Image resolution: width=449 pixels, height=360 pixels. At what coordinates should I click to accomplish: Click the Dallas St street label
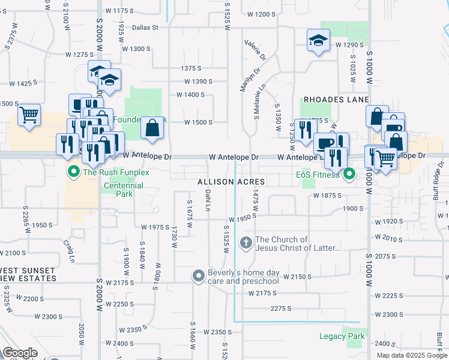pyautogui.click(x=145, y=27)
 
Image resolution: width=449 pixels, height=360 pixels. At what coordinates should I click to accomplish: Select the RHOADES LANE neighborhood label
pyautogui.click(x=336, y=100)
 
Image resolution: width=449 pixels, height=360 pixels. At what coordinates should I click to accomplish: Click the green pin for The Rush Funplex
pyautogui.click(x=74, y=173)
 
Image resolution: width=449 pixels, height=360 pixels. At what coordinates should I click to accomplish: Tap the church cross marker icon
pyautogui.click(x=246, y=243)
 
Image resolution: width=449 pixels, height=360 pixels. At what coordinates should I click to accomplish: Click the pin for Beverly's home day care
pyautogui.click(x=199, y=276)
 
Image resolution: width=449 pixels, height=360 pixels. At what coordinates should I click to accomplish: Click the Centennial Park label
pyautogui.click(x=123, y=190)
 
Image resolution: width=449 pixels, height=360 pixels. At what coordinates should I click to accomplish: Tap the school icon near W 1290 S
pyautogui.click(x=318, y=40)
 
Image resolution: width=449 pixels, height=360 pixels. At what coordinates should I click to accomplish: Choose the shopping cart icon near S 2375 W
pyautogui.click(x=29, y=114)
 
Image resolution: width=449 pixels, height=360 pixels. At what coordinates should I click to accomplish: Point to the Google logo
pyautogui.click(x=20, y=353)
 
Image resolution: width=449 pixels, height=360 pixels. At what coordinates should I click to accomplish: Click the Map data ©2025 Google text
pyautogui.click(x=411, y=355)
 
